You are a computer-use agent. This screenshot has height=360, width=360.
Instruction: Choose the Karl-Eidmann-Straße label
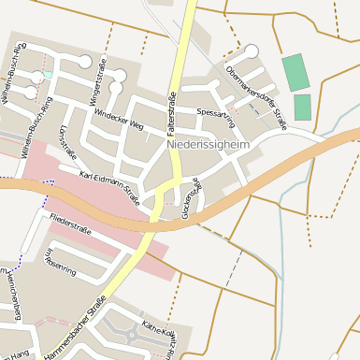(x=109, y=187)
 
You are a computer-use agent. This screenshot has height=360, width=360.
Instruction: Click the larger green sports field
(x=295, y=72)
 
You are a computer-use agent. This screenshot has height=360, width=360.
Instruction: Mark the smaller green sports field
(x=302, y=107)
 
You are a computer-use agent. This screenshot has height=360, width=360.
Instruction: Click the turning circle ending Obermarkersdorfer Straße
(x=251, y=51)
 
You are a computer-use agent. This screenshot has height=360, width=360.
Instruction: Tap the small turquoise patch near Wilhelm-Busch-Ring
(x=48, y=75)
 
